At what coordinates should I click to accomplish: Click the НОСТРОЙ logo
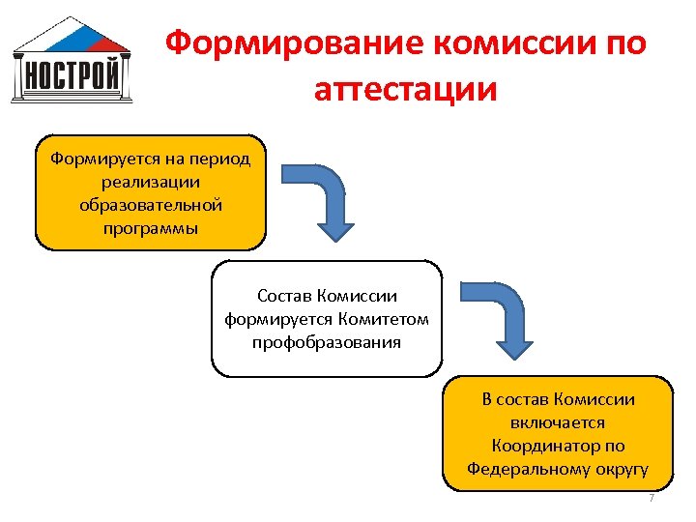(72, 60)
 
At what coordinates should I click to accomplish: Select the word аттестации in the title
(405, 90)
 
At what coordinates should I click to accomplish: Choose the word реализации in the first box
(150, 181)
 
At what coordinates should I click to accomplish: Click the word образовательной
(150, 205)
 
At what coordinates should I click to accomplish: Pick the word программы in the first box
(150, 228)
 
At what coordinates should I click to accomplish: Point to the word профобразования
(327, 342)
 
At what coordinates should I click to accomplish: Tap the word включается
(558, 422)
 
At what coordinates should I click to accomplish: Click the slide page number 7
(652, 498)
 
